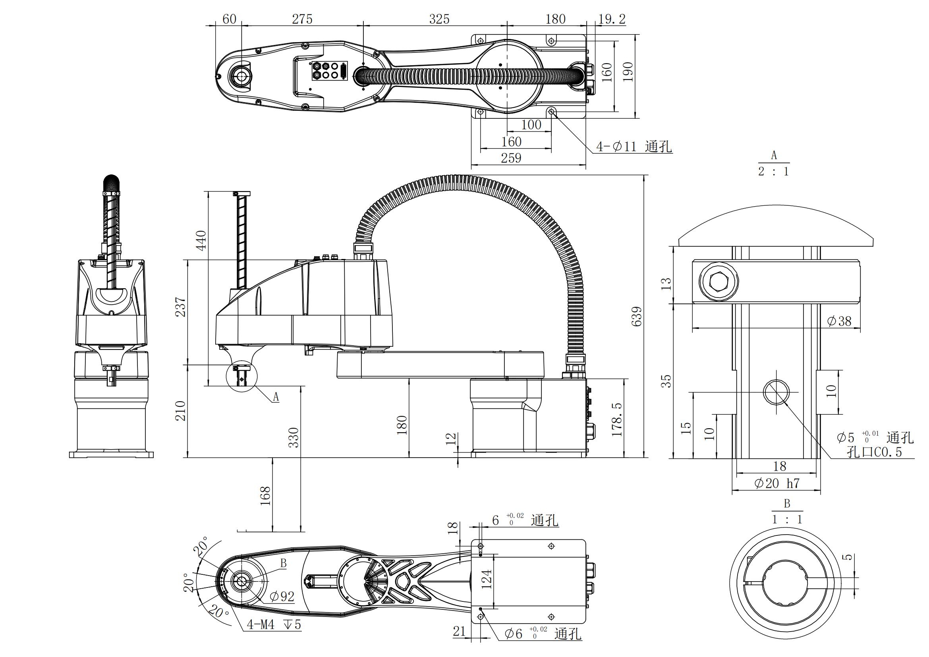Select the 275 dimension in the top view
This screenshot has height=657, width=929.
pos(302,19)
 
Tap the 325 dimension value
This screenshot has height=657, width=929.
pos(439,19)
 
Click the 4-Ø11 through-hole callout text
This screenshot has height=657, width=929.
pos(634,146)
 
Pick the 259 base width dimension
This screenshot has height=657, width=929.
pos(511,158)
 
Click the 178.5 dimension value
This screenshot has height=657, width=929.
pos(617,419)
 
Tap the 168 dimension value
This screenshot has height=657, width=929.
pos(265,496)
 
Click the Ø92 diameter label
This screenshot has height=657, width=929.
pos(282,596)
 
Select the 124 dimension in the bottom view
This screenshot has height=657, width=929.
pos(487,578)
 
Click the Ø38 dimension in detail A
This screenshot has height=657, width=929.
pos(839,321)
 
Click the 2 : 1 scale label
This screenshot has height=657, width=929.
pos(773,172)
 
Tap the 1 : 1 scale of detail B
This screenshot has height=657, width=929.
pos(786,519)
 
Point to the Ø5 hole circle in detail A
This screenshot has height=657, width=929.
pos(776,392)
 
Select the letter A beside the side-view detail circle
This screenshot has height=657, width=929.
pos(276,397)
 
